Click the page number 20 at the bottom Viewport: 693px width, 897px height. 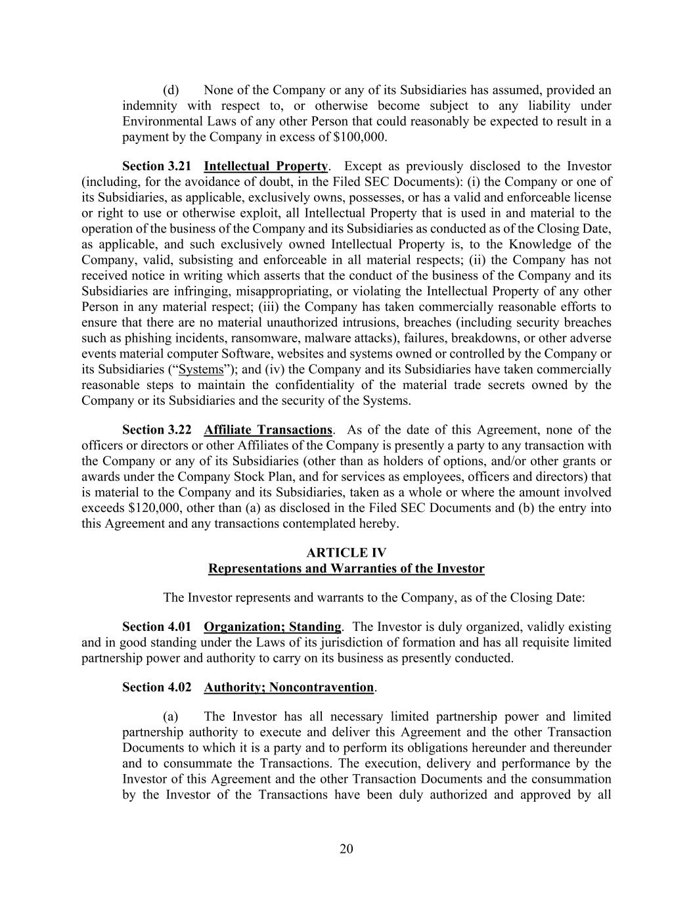point(346,849)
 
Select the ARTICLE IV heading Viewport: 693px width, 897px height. point(346,553)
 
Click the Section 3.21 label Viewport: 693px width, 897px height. point(157,166)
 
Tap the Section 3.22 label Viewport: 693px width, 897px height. point(157,430)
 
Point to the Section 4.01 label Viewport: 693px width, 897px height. point(157,627)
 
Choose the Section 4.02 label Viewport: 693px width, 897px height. point(157,687)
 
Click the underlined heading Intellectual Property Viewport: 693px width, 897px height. point(265,166)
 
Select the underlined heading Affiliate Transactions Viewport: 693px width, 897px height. point(268,430)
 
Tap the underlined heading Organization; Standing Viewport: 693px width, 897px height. point(273,627)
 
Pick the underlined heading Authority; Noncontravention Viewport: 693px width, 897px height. point(288,687)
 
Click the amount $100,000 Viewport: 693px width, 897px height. point(361,137)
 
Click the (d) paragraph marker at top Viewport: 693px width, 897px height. point(171,90)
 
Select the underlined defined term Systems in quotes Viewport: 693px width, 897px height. point(201,369)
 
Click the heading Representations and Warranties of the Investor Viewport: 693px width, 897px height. point(346,568)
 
